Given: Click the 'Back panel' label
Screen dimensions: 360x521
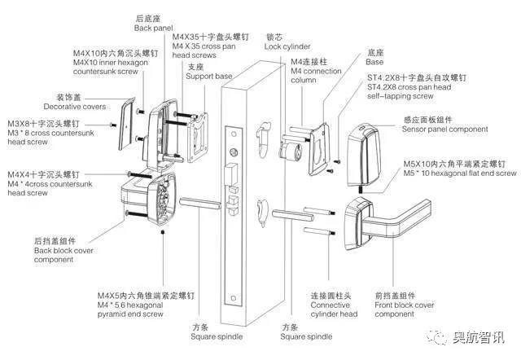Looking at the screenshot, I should (153, 28).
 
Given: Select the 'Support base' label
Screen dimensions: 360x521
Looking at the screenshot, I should (209, 77).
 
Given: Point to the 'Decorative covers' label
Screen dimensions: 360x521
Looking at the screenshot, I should (74, 107).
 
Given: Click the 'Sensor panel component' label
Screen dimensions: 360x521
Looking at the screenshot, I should (445, 130).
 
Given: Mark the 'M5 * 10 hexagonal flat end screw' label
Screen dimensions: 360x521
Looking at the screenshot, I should (460, 173).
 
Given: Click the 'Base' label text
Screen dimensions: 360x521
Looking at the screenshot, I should (374, 62).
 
